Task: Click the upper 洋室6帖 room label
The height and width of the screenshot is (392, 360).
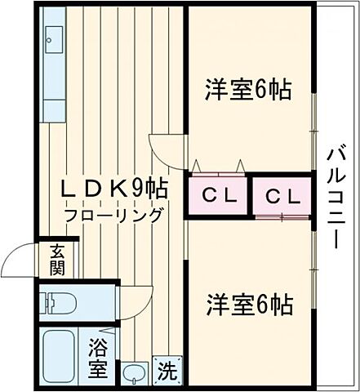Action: pos(248,89)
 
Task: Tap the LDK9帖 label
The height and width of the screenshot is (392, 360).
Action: pos(113,189)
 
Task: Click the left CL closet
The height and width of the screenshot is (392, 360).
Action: pos(218,196)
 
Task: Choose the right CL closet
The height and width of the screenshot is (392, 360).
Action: pos(282,197)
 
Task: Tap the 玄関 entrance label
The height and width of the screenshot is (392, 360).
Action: pos(56,260)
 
